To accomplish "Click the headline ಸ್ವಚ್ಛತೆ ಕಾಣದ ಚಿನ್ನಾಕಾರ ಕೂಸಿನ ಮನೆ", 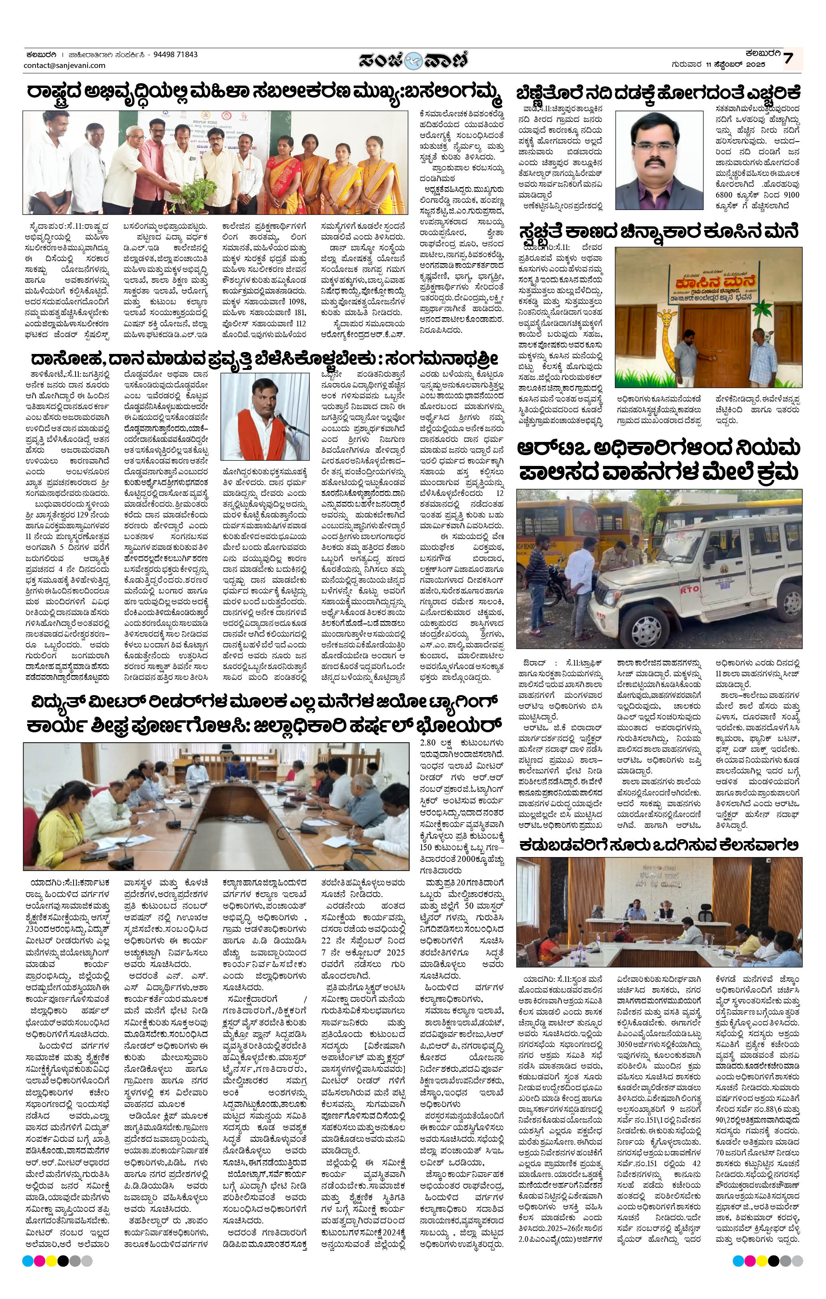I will pos(658,232).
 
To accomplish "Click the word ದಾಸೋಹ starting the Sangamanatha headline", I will pos(61,359).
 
